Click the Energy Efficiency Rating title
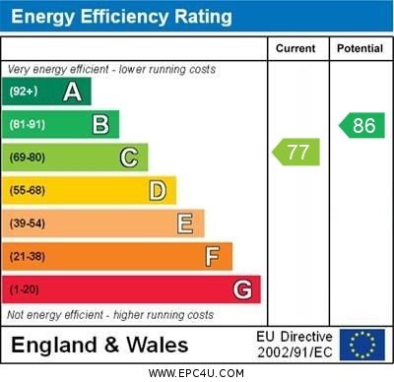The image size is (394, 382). tap(120, 17)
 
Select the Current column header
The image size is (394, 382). tap(295, 48)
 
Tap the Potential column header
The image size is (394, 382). tap(360, 48)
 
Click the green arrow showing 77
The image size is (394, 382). tap(295, 152)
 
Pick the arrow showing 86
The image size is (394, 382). tap(361, 125)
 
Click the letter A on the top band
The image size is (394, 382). tap(72, 92)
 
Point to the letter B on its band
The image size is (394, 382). tap(100, 124)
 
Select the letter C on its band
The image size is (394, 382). tap(129, 158)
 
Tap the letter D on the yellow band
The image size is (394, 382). tap(158, 190)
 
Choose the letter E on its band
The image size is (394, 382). tap(185, 223)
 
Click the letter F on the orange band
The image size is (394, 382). tap(213, 256)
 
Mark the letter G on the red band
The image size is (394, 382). tap(242, 289)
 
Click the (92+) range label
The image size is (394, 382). tap(25, 92)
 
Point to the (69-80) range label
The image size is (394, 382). tap(28, 158)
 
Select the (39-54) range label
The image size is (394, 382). tap(28, 223)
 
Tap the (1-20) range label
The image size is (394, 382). tap(25, 289)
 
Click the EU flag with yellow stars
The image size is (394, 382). tap(362, 345)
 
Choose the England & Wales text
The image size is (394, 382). tap(99, 346)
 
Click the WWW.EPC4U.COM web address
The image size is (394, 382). tap(196, 373)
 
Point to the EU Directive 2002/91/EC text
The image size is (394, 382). tap(295, 345)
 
